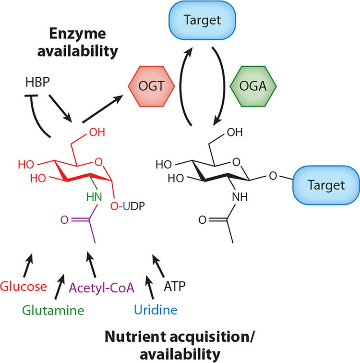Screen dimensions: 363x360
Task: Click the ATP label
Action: (x=174, y=287)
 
